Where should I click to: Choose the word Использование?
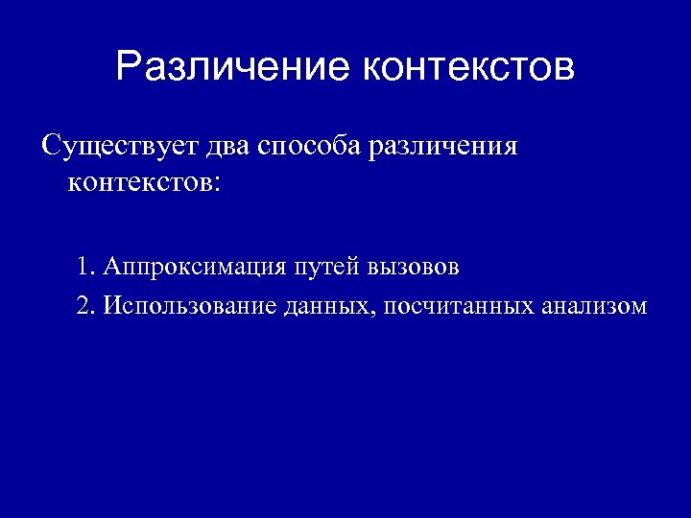[192, 307]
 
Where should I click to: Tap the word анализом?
[594, 307]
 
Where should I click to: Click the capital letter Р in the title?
[128, 68]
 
